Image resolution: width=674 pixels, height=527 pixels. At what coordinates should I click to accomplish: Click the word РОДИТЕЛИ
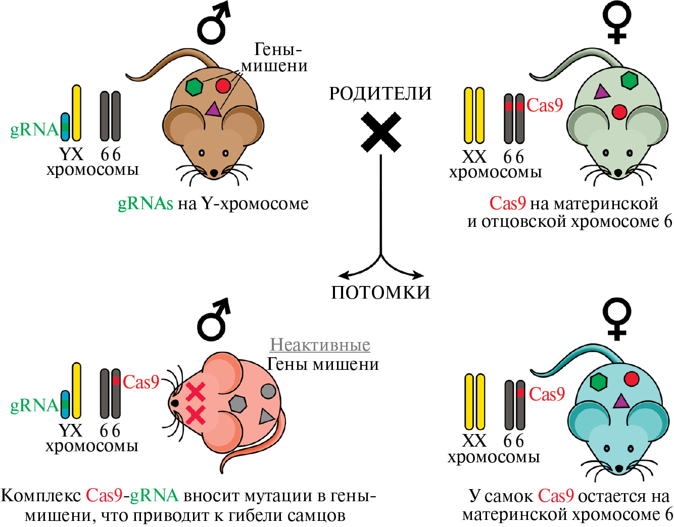pos(380,93)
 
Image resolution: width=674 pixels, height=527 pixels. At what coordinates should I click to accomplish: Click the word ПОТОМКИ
pos(380,292)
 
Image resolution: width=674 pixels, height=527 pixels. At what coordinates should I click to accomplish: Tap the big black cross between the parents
pos(381,132)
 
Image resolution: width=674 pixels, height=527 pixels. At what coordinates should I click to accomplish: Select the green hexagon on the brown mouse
pos(194,86)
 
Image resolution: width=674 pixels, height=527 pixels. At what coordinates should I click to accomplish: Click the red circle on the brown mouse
pos(223,86)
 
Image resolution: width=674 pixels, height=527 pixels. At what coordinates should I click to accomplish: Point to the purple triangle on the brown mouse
pos(213,109)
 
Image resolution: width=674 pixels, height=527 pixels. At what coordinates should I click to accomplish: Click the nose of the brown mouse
pos(214,173)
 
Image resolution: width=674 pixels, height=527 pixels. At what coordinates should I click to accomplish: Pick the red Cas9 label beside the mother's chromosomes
pos(544,105)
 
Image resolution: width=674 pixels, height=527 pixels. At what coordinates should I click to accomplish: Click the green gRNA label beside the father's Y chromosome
pos(34,130)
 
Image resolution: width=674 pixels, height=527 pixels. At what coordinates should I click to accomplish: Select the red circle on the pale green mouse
pos(619,112)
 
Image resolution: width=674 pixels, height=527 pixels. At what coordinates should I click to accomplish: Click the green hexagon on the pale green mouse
pos(629,80)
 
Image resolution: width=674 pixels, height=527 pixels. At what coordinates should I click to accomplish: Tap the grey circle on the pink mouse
pos(268,391)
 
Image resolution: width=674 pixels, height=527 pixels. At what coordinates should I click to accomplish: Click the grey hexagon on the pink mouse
pos(237,404)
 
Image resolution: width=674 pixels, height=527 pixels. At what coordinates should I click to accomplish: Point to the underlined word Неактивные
pos(320,345)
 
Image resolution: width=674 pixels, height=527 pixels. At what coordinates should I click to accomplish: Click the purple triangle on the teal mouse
pos(620,401)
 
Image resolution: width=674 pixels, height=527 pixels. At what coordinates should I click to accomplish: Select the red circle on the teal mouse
pos(632,378)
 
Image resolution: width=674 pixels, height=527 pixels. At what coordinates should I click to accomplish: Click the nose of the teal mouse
pos(619,468)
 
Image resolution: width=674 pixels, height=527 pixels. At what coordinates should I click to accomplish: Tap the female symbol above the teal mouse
pos(617,318)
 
